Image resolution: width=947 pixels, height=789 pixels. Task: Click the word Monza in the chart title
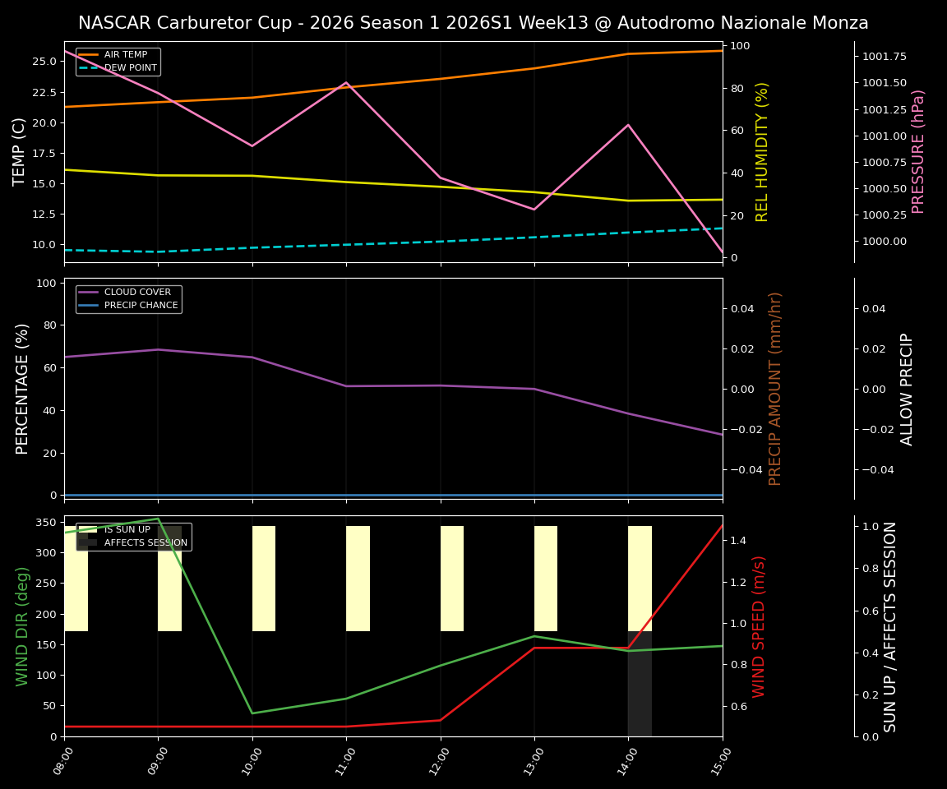(x=840, y=23)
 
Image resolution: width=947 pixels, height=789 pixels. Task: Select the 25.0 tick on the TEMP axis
(x=44, y=62)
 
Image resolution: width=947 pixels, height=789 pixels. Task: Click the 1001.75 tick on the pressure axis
(x=885, y=57)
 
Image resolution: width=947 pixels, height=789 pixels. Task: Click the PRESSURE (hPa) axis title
(x=918, y=151)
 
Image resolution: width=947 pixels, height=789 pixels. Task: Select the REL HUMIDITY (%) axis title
(x=762, y=151)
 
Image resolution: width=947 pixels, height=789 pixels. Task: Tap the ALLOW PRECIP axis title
(x=907, y=389)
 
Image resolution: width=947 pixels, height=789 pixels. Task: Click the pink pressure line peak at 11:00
(x=346, y=82)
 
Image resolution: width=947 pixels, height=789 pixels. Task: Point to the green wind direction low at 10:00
(x=252, y=713)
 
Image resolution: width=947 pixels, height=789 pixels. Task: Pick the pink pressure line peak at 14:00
(x=628, y=125)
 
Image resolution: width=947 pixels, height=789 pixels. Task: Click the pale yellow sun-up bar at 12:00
(x=452, y=579)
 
